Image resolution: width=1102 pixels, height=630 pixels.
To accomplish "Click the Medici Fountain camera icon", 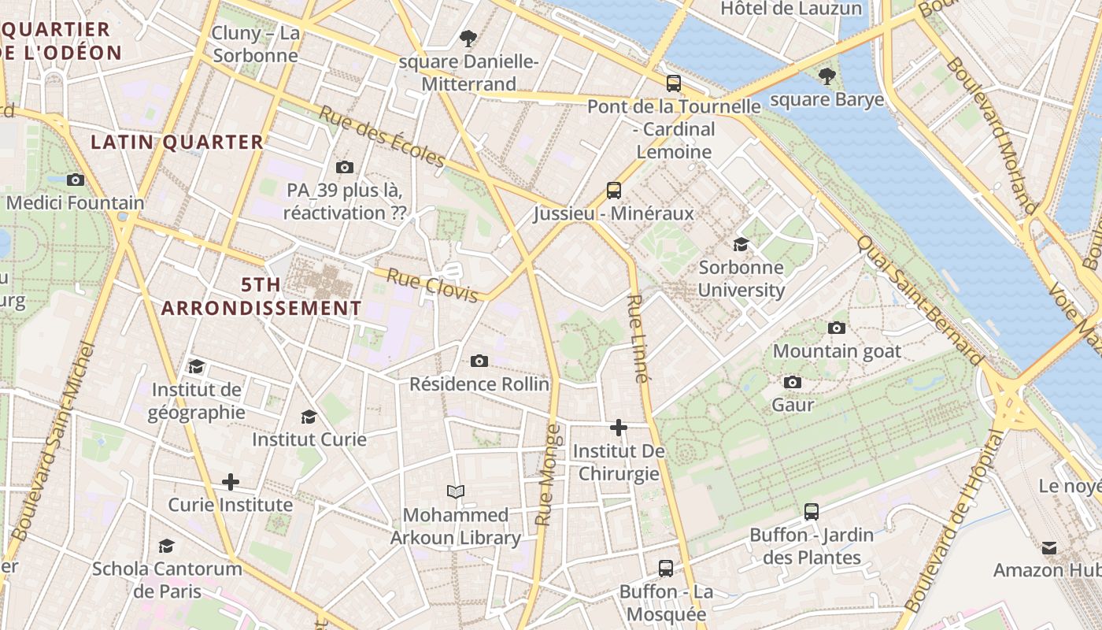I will click(x=76, y=180).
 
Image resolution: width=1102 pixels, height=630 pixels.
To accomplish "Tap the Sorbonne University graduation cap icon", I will click(x=741, y=244).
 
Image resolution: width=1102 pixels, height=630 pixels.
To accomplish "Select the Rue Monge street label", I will click(x=548, y=475).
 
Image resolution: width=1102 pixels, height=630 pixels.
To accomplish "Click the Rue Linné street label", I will click(x=638, y=339).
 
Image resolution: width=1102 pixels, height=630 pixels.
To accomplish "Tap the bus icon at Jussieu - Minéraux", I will click(x=614, y=190).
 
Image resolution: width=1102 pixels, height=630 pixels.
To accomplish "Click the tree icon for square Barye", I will click(x=826, y=76).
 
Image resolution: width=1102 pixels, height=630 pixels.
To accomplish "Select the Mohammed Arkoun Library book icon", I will click(x=455, y=492).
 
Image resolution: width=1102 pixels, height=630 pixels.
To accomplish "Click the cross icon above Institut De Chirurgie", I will click(x=619, y=428).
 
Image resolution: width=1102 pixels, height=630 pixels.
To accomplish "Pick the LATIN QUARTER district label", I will click(x=177, y=142).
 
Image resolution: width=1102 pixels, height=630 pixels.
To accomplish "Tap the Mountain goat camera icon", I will click(x=837, y=328).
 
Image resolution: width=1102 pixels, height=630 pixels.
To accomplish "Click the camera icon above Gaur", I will click(x=793, y=382).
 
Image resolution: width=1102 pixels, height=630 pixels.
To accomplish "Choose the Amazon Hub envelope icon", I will click(x=1049, y=547).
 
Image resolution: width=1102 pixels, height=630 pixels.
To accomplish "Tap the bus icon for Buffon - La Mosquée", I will click(x=666, y=568).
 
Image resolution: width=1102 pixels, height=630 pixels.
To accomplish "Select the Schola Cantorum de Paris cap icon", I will click(x=166, y=546).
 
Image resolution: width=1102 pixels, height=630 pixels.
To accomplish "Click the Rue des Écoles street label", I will click(x=382, y=136).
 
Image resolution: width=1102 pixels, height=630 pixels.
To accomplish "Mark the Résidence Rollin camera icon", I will click(x=479, y=361).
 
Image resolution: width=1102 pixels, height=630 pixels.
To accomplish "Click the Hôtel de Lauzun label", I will click(x=791, y=9).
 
